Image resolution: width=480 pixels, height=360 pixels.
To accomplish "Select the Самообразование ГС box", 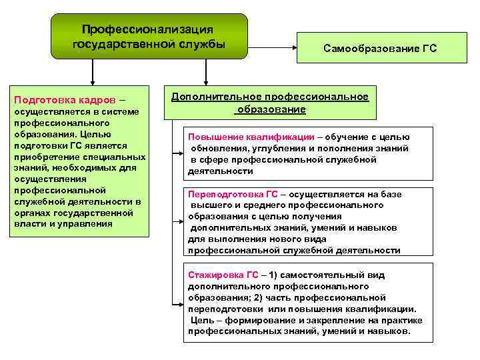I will click(380, 49).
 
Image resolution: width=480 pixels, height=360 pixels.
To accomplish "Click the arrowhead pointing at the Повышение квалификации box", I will click(182, 154).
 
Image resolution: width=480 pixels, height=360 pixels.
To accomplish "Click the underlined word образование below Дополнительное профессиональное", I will click(271, 109).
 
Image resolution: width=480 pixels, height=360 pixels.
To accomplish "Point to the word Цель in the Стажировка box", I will click(203, 319).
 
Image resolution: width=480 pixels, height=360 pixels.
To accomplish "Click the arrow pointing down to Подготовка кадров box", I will click(92, 79).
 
